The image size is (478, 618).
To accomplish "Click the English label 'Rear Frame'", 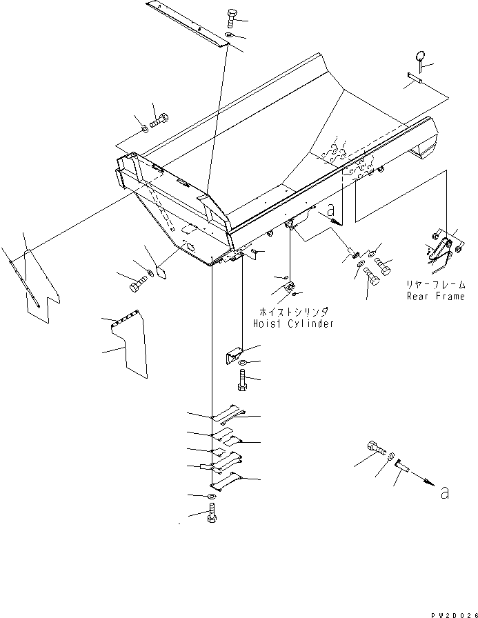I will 435,297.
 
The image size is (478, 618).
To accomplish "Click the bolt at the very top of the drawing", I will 231,19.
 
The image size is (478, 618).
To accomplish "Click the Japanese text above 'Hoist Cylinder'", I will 288,311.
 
